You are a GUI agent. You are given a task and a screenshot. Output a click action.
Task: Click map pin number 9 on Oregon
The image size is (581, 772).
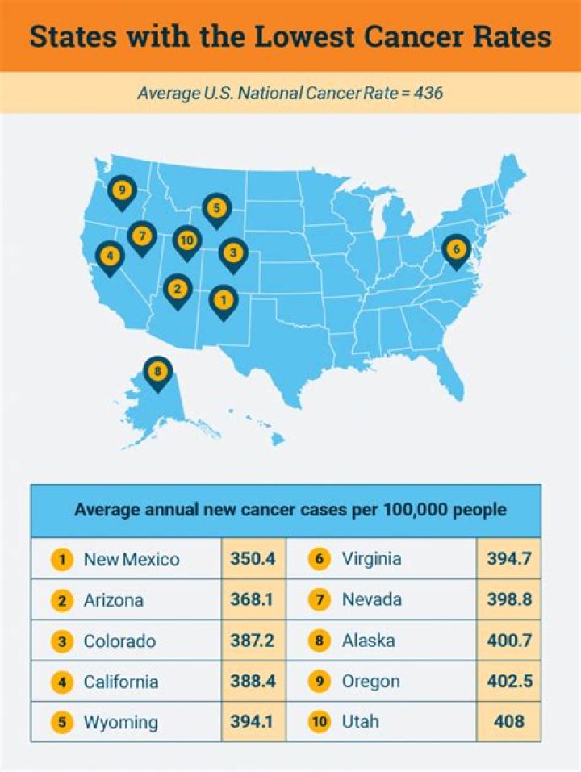coord(122,191)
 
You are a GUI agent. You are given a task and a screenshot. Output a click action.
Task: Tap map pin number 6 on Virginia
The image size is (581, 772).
coord(456,249)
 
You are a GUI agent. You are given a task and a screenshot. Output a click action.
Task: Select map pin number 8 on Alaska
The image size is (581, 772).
coord(157,372)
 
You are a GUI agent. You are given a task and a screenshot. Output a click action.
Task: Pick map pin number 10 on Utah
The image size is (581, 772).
coord(186,240)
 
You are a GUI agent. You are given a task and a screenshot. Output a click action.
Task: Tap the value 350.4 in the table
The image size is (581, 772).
coord(253,559)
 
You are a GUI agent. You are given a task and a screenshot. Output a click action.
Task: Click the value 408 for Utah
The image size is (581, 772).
coord(508,722)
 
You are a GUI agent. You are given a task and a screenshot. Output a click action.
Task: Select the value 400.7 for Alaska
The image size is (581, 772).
coord(508,641)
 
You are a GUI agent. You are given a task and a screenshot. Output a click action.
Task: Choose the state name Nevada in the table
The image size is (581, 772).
coord(371,599)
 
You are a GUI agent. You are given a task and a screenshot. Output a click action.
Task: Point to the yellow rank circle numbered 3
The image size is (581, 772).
coord(61,641)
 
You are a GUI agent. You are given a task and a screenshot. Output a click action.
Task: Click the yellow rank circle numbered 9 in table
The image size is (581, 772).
coord(320,682)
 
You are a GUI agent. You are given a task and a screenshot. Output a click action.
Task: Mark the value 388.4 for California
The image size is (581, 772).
coord(253,682)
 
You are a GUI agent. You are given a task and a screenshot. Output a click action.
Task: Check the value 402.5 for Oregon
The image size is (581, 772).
coord(508,682)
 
